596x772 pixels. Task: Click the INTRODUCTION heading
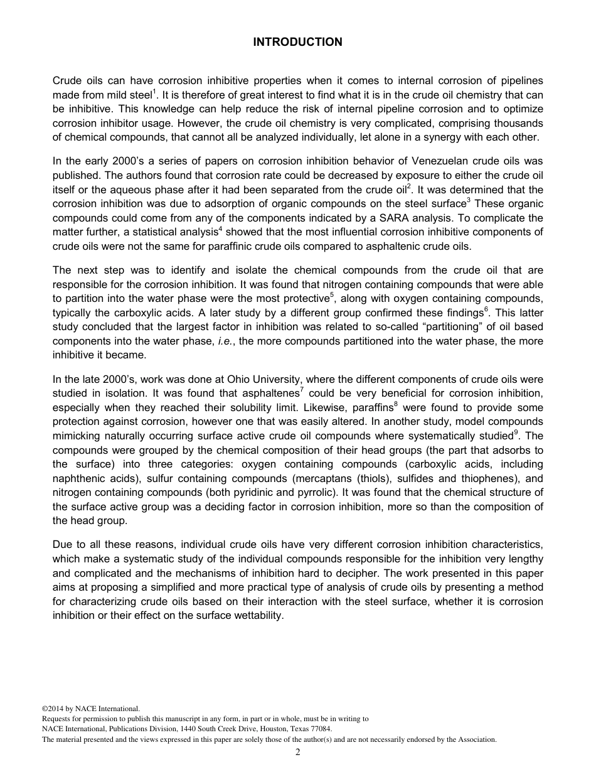[297, 42]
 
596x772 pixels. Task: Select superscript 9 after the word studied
[516, 432]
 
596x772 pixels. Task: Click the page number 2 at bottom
[298, 753]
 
